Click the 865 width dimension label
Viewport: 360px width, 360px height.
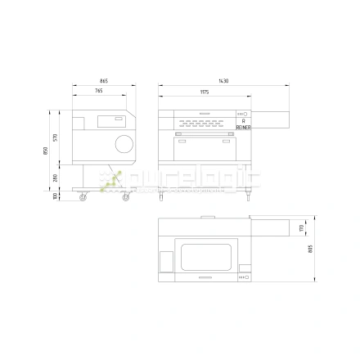tap(104, 81)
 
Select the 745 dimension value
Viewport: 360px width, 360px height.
tap(98, 91)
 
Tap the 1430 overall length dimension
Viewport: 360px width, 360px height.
tap(223, 81)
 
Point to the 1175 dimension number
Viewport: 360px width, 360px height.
tap(203, 91)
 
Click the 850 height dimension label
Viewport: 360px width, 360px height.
tap(49, 151)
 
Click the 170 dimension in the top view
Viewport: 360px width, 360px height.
tap(302, 226)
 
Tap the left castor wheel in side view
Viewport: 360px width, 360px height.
tap(82, 197)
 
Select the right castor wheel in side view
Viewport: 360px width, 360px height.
tap(125, 197)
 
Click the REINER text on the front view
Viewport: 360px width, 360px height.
tap(244, 128)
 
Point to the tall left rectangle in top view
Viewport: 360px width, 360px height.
tap(166, 259)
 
